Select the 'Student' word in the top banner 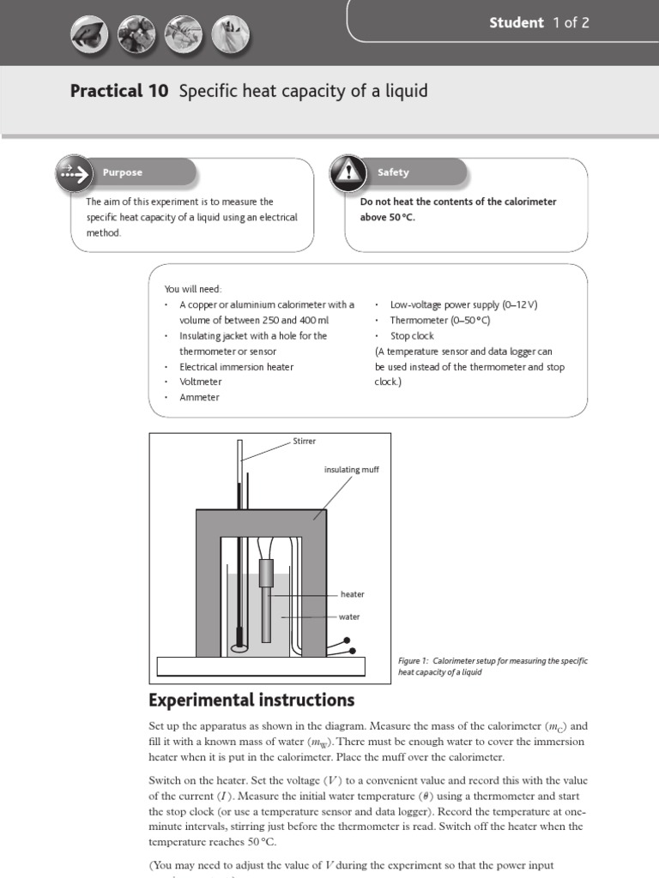tap(517, 23)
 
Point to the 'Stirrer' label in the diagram tap(305, 441)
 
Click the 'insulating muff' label tap(351, 469)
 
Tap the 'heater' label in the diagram tap(352, 594)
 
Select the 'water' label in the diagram tap(349, 616)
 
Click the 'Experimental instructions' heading tap(251, 700)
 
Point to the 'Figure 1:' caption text tap(414, 660)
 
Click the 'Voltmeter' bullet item tap(200, 382)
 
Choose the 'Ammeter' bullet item tap(199, 397)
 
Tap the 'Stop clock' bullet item tap(412, 336)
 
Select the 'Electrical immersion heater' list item tap(236, 366)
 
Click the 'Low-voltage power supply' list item tap(463, 304)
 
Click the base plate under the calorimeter tap(260, 666)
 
